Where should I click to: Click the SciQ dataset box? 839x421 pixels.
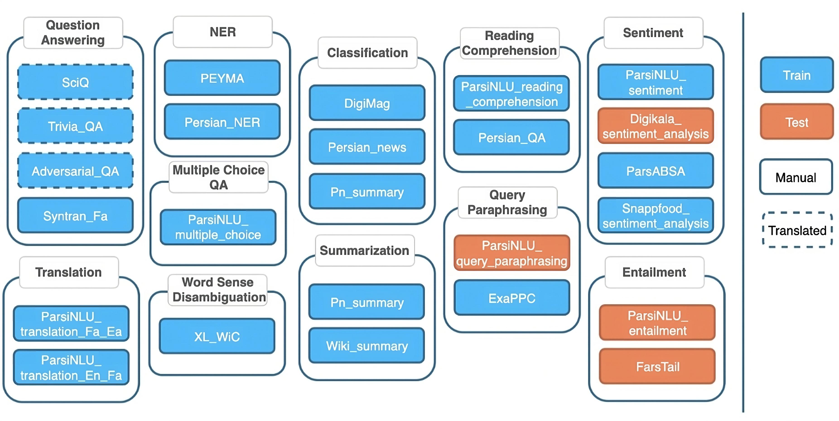75,82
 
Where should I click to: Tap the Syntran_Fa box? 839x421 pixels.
75,215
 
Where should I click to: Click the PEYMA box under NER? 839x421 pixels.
222,78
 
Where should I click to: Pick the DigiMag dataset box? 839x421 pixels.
367,103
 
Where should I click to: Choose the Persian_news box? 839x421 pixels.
367,147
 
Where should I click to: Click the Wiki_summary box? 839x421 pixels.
367,346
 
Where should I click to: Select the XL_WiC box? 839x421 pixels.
217,336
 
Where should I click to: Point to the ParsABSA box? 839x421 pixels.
656,171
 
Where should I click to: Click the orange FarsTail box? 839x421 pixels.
658,366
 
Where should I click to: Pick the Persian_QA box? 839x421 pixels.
511,137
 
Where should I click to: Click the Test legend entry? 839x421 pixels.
797,122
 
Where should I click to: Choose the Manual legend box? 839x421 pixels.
796,177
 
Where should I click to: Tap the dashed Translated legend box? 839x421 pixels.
797,230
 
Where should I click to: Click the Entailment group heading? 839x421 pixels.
654,272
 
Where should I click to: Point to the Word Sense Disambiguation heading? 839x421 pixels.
218,289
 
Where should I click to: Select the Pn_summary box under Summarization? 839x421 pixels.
367,302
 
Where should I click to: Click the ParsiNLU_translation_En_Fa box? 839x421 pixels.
71,367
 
